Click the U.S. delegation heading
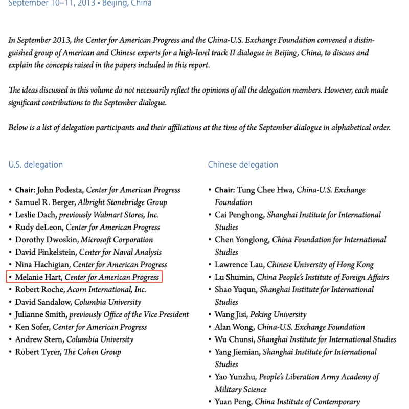36,165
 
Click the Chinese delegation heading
243,165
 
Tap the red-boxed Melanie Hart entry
84,278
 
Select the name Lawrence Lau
238,265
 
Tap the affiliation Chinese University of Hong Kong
321,265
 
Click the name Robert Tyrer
38,352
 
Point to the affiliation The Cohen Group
93,352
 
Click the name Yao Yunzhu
235,377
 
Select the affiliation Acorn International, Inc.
106,290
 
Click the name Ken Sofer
33,327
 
